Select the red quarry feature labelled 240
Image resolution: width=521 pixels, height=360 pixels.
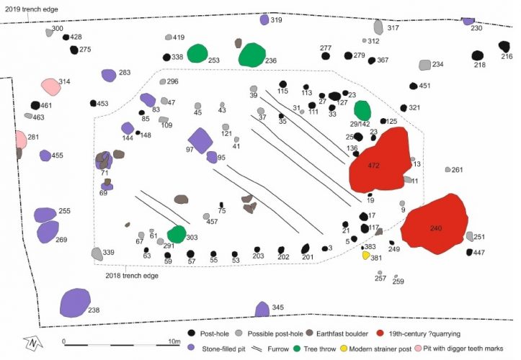pos(435,225)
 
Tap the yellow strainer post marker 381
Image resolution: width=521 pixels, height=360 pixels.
pos(366,256)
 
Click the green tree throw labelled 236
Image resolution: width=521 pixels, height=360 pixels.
pos(252,55)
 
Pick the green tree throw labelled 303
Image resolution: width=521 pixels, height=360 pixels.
pos(177,234)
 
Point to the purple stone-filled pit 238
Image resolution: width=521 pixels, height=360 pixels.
pos(75,303)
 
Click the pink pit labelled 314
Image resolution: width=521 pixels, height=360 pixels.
pos(51,87)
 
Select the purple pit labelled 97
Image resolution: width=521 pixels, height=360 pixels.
pos(200,141)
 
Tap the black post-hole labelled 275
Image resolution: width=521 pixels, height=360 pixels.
pos(74,50)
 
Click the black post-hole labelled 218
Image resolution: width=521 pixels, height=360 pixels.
pos(478,55)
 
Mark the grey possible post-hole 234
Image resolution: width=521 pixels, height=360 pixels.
pos(424,65)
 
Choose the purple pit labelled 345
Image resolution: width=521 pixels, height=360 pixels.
pos(262,309)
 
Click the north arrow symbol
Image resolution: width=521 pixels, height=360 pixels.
pos(33,343)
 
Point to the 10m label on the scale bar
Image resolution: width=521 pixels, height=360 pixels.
pos(174,341)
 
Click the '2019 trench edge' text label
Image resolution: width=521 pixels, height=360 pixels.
pos(31,9)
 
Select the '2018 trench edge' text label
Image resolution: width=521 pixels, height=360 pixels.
pos(132,276)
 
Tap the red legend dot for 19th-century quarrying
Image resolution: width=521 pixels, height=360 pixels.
pos(380,333)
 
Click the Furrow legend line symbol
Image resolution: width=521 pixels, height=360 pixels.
pos(257,349)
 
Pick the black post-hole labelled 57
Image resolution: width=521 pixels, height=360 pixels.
pos(190,254)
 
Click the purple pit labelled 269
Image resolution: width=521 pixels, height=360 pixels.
pos(48,232)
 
